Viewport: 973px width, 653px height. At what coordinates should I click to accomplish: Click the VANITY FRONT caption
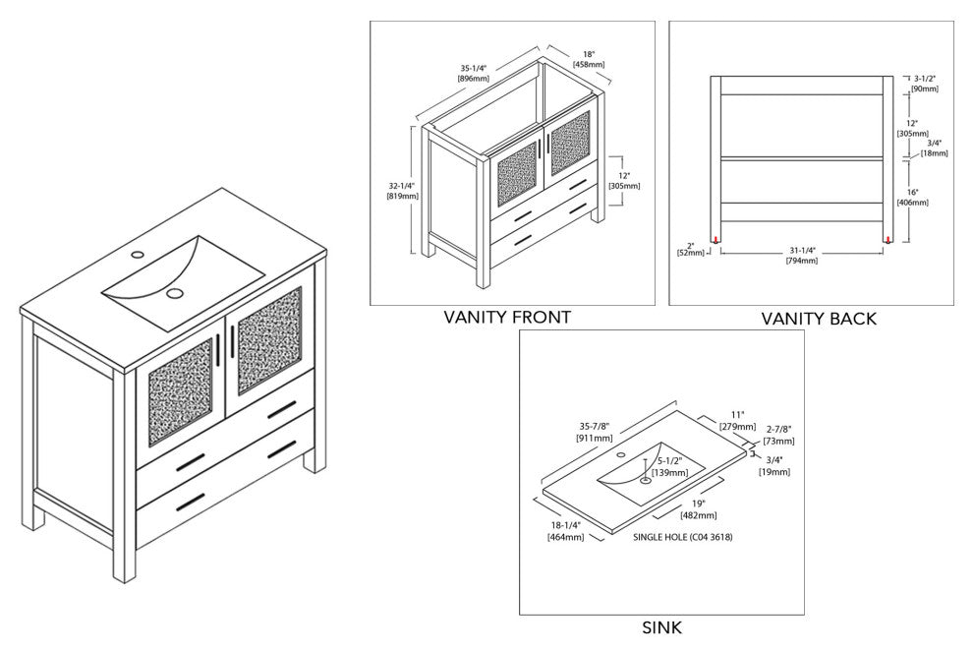coord(507,317)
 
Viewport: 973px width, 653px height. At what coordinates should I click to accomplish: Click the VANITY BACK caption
coord(819,319)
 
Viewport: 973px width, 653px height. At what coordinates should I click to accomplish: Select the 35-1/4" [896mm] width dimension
coord(474,74)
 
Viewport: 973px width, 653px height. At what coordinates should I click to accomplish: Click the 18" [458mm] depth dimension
coord(588,58)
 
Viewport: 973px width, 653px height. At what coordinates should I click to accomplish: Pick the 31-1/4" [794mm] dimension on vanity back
coord(803,255)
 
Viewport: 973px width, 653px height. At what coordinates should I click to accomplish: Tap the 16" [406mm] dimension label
coord(913,197)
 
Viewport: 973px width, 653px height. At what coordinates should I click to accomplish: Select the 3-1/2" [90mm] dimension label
coord(925,83)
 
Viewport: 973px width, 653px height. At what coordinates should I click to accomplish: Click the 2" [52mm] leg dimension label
coord(691,248)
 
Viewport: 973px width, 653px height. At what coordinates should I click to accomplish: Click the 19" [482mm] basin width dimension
coord(699,509)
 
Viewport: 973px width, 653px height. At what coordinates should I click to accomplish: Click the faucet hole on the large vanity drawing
coord(138,255)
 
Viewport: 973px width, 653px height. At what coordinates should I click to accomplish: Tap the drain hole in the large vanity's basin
coord(174,293)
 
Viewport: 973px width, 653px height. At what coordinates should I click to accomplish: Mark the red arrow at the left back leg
coord(716,239)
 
